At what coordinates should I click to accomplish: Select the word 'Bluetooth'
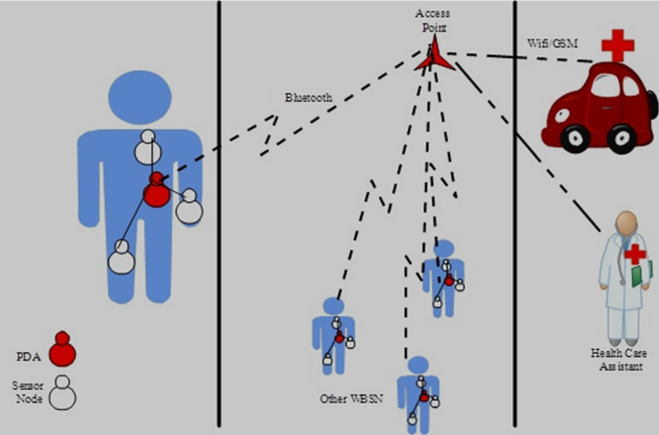[x=309, y=98]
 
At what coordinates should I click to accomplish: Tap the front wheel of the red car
[x=576, y=136]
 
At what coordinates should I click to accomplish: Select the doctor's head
[x=626, y=224]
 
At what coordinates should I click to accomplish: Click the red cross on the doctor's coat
[x=634, y=254]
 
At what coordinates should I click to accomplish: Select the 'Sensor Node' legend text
[x=28, y=391]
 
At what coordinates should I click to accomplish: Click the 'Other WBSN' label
[x=348, y=397]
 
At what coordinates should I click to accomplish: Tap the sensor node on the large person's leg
[x=119, y=257]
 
